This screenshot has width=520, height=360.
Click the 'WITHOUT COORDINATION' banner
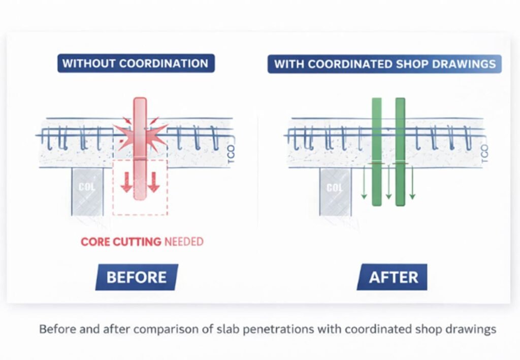point(136,63)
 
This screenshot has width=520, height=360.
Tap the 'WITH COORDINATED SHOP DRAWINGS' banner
point(385,64)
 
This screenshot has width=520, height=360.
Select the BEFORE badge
point(137,277)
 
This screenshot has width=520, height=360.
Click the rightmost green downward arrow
point(412,183)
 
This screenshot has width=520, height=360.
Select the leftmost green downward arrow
point(364,183)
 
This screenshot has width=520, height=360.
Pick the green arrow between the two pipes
point(388,183)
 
